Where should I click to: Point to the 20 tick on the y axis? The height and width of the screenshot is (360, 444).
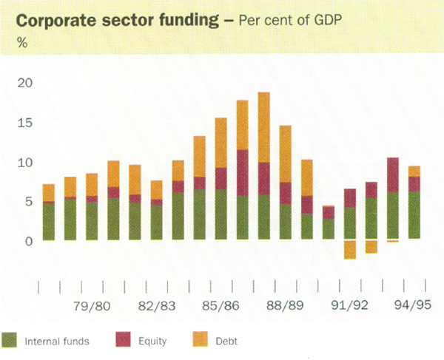tap(25, 83)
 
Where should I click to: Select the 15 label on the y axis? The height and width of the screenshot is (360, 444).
tap(25, 123)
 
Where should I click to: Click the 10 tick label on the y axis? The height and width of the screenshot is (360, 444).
tap(25, 163)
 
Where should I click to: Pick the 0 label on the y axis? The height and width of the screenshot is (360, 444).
tap(29, 242)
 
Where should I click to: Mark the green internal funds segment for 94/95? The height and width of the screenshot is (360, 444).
tap(414, 215)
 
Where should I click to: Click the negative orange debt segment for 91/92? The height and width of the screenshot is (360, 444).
tap(350, 249)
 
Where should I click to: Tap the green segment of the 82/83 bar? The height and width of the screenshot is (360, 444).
tap(157, 223)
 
